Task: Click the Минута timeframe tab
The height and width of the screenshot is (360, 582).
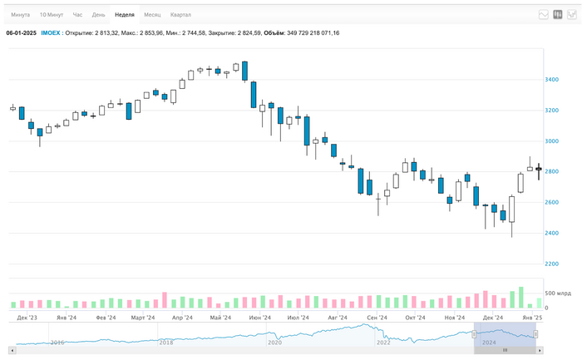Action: coord(21,15)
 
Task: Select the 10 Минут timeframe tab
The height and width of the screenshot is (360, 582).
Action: coord(52,15)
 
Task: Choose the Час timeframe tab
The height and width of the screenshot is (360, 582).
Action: coord(77,15)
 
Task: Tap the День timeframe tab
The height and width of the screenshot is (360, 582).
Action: coord(98,15)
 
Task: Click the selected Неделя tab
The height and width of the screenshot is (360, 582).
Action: coord(125,15)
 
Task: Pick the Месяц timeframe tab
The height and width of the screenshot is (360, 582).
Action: coord(152,15)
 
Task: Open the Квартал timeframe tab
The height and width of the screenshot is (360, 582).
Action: coord(180,15)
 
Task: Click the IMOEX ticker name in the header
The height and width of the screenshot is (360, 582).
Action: coord(51,33)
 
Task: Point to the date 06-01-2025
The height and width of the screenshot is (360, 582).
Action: coord(22,33)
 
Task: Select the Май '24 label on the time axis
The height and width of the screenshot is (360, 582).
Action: coord(220,318)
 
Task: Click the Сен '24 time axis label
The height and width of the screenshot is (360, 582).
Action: coord(377,318)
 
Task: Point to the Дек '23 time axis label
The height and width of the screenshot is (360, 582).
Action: coord(27,318)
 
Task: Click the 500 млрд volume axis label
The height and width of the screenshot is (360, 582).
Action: coord(556,294)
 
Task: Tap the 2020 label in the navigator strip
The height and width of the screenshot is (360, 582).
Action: coord(274,342)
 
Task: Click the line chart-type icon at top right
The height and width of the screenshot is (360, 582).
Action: coord(544,15)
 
